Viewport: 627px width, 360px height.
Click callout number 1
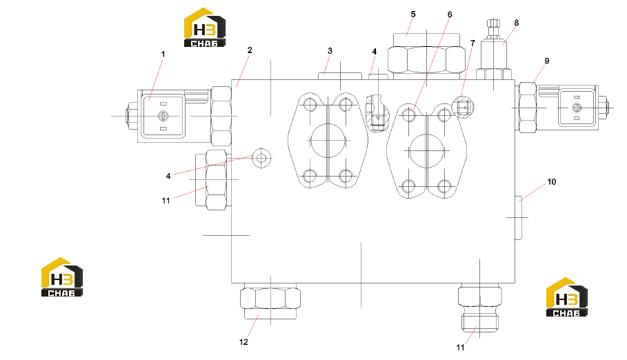163,54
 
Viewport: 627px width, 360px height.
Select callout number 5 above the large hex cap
413,14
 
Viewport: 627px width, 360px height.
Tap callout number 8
516,23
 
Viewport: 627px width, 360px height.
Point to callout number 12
243,342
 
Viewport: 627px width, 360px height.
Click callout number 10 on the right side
551,182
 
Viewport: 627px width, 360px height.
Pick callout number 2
250,50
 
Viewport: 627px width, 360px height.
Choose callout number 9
546,61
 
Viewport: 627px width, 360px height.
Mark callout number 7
472,43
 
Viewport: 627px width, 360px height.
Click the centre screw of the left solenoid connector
163,116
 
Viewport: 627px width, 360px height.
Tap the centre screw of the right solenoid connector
576,107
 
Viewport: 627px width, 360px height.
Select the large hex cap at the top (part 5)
427,56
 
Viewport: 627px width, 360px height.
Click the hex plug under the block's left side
270,302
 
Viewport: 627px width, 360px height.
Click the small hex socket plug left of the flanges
261,158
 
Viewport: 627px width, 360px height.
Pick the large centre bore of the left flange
328,141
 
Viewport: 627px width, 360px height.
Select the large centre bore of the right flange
427,151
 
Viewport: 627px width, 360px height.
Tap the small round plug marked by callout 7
463,107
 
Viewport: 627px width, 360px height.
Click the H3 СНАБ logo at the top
205,27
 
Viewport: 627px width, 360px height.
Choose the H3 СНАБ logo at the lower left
62,277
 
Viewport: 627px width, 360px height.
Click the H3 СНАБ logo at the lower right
567,297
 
